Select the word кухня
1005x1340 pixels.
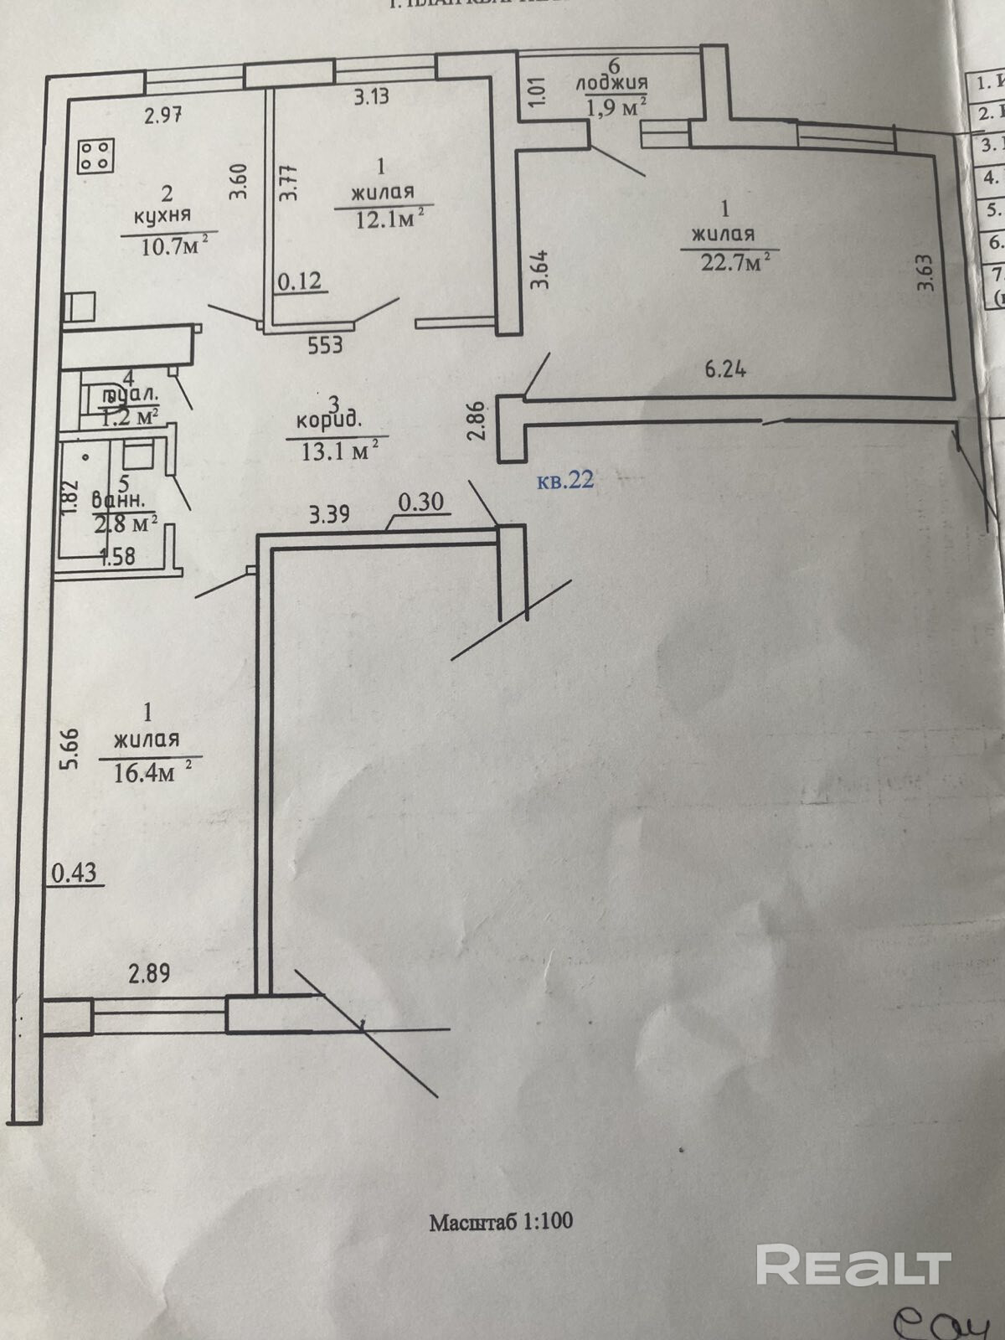(162, 215)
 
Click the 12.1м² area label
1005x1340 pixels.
(385, 218)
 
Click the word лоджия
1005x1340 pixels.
(612, 84)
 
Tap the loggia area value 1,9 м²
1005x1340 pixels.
(621, 106)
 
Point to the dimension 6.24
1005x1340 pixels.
(725, 368)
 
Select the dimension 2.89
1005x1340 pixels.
(149, 973)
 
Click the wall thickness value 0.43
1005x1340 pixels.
(74, 874)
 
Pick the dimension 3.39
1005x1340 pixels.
(329, 513)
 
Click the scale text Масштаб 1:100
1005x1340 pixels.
(502, 1221)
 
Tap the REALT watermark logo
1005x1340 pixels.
(853, 1265)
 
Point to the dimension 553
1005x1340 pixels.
(325, 344)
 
